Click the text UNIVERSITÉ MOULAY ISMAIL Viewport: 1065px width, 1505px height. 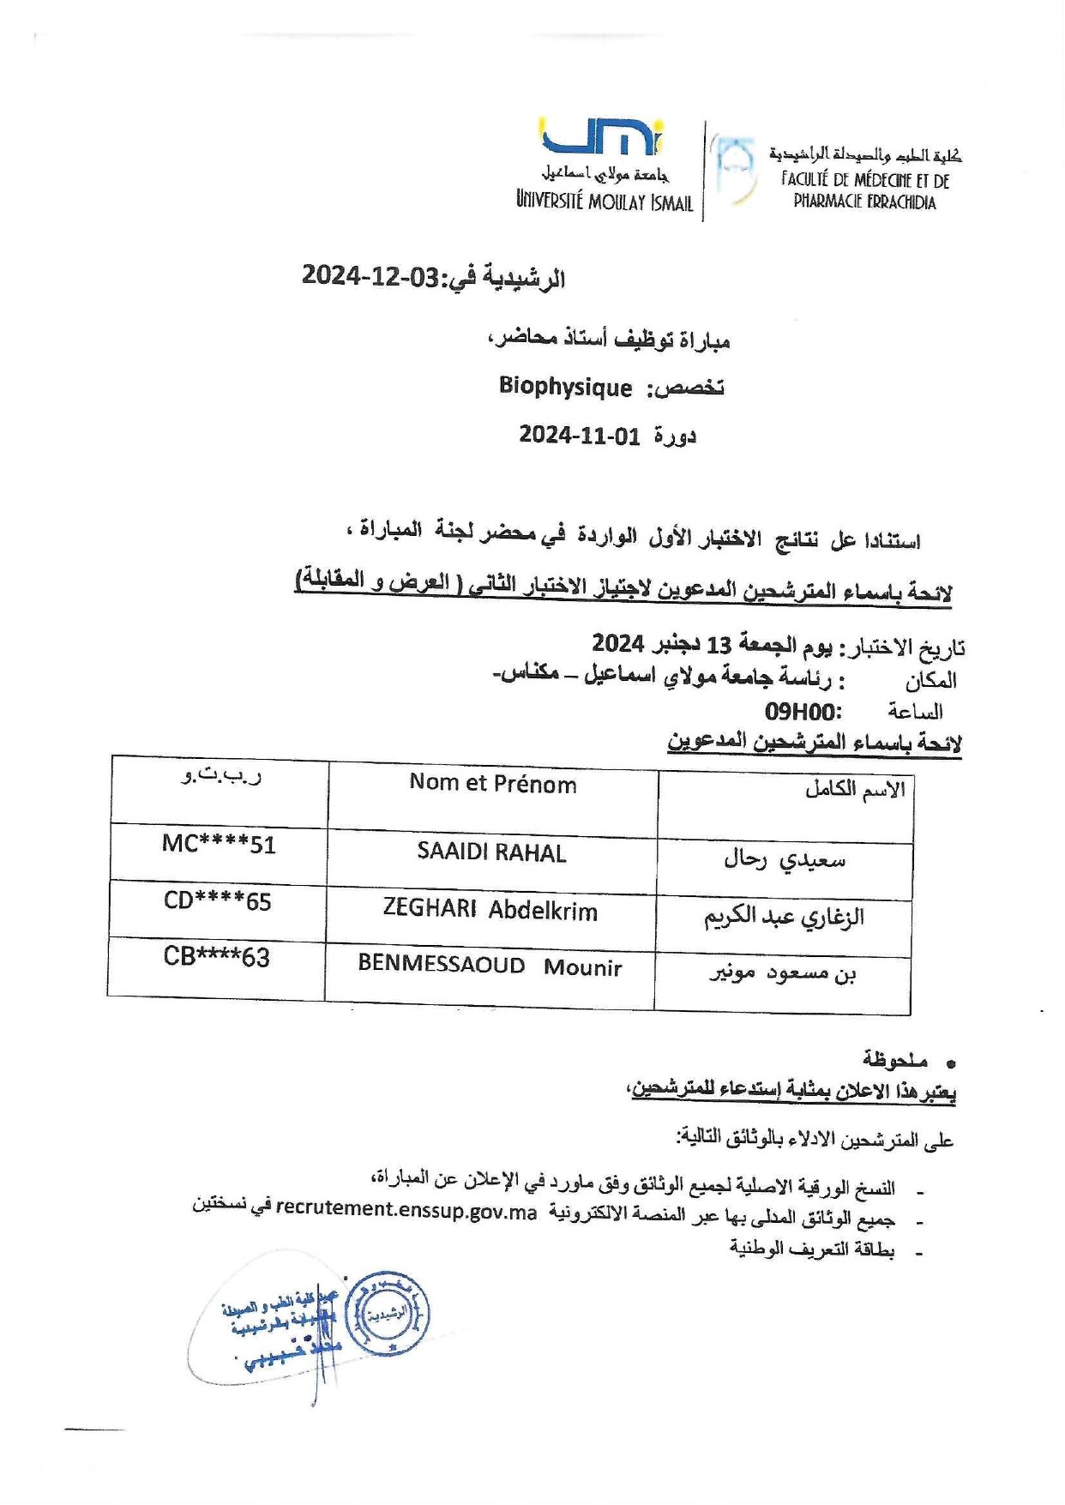605,202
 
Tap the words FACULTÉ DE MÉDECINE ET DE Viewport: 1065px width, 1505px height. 864,180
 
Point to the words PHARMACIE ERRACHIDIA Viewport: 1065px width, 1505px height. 864,202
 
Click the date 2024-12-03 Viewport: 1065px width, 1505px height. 370,276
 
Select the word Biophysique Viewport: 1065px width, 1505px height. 565,387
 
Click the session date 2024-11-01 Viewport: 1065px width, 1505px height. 579,436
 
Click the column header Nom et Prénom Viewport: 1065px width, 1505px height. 492,784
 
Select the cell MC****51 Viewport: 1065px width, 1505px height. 219,845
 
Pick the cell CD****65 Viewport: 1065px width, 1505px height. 218,901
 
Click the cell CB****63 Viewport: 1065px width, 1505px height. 217,957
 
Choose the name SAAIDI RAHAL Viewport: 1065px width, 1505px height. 491,853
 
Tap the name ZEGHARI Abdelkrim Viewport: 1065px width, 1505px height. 490,911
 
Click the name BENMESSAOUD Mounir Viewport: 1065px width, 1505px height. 490,966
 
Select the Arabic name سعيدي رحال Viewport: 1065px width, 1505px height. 785,859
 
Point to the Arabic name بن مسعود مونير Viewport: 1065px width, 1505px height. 782,973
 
